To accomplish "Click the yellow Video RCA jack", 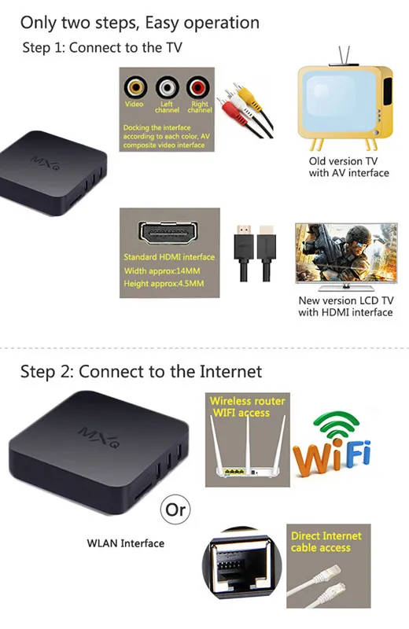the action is click(x=135, y=87).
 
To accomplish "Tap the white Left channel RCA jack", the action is click(x=167, y=87).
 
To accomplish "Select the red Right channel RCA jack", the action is click(x=198, y=87).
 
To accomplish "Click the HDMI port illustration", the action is click(x=168, y=233).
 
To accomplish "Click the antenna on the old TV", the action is click(x=344, y=55).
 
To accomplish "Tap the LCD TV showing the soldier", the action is click(x=346, y=257).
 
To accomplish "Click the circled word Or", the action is click(x=175, y=509).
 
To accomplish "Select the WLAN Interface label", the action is click(x=126, y=543).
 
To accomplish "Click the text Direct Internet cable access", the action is click(x=326, y=542).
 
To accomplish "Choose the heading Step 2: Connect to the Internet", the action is click(x=142, y=372).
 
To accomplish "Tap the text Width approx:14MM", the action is click(x=162, y=271).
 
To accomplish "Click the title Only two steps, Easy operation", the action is click(x=140, y=24).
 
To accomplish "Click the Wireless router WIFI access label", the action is click(x=247, y=406).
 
